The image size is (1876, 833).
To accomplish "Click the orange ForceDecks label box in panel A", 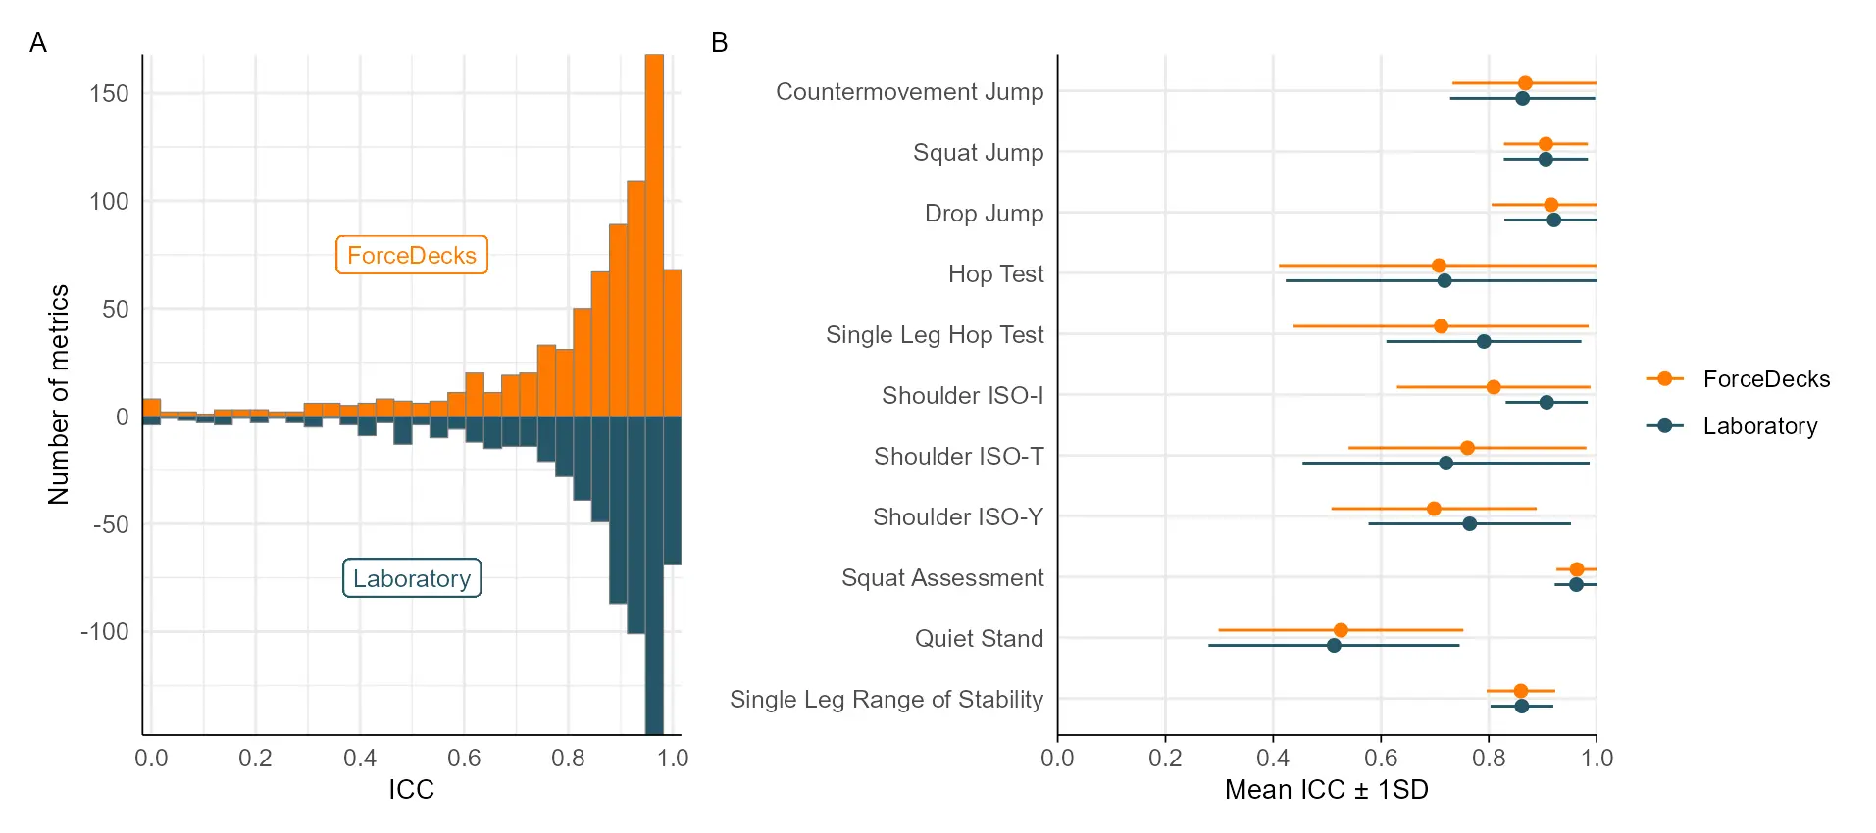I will pos(411,255).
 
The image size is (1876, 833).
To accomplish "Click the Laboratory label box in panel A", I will pos(411,578).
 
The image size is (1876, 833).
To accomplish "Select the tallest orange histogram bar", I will pos(654,235).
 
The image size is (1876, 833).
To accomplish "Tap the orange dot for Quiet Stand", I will pos(1341,630).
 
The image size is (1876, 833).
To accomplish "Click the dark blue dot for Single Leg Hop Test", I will pos(1484,341).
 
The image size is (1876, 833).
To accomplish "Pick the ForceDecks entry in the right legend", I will pos(1765,379).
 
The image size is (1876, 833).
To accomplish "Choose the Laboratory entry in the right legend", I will pos(1759,426).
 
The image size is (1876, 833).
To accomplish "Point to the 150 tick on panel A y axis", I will pos(109,94).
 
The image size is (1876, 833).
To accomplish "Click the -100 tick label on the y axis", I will pos(105,631).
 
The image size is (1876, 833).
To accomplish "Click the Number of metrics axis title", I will pos(59,395).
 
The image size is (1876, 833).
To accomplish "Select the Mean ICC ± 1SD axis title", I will pos(1326,789).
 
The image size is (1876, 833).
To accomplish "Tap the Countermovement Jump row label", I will pos(909,92).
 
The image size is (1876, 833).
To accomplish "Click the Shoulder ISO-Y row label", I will pos(957,516).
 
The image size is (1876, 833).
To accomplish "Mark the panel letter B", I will pos(719,43).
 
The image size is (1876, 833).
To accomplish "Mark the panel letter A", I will pos(38,43).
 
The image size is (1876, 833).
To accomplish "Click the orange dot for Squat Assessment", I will pos(1577,569).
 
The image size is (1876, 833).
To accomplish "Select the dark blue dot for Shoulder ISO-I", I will pos(1546,402).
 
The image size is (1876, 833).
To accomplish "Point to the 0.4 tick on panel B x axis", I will pos(1273,758).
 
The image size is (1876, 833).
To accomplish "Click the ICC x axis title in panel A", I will pos(411,789).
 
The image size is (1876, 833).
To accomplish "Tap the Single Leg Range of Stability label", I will pos(886,699).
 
